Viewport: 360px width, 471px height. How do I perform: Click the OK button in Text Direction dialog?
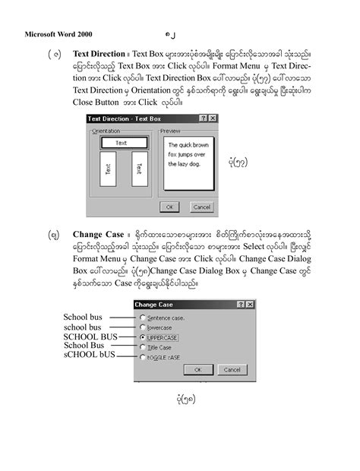pyautogui.click(x=170, y=207)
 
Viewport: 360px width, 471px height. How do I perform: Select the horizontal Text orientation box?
pyautogui.click(x=121, y=143)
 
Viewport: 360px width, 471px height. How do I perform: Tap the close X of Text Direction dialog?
pyautogui.click(x=213, y=119)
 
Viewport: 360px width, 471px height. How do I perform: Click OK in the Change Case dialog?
pyautogui.click(x=198, y=370)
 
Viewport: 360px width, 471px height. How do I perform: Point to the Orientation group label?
pyautogui.click(x=107, y=131)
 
